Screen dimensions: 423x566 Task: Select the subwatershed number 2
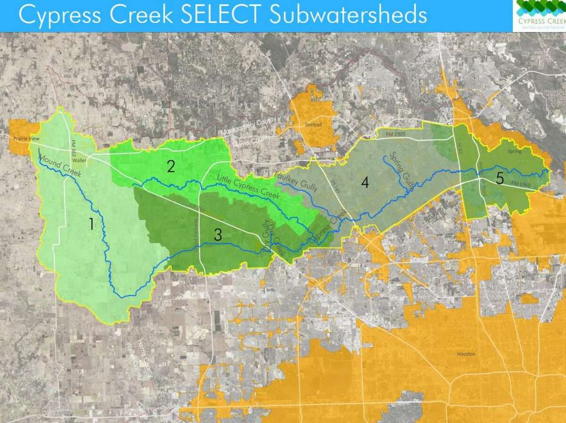pos(171,166)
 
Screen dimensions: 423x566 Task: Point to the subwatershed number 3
pos(217,234)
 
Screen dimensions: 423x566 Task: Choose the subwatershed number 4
pos(365,183)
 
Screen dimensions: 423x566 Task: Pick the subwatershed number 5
pos(500,178)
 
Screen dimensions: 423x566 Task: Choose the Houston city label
pos(466,354)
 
